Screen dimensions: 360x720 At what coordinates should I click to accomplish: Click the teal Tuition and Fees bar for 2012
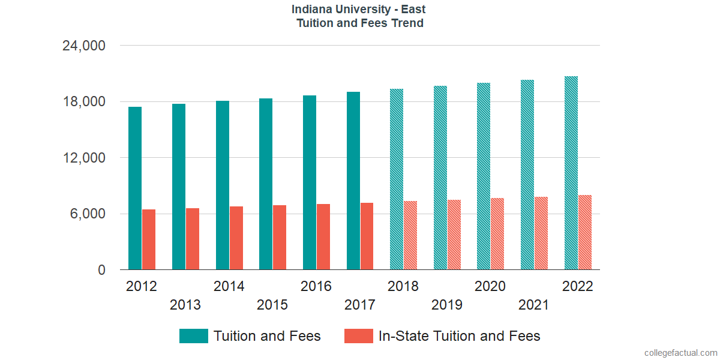point(135,188)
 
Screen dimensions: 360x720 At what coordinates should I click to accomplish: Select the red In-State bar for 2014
point(236,238)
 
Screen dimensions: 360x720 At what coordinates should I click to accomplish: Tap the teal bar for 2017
point(353,181)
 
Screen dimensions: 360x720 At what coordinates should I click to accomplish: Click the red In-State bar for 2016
point(323,237)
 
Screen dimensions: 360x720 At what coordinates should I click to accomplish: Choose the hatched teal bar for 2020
point(484,176)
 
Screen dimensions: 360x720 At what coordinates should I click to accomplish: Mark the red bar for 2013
point(193,239)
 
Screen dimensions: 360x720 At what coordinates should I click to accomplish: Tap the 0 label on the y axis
point(101,270)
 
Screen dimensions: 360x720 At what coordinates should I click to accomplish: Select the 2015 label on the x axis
point(272,305)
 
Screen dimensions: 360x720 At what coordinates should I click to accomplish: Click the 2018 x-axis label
point(403,286)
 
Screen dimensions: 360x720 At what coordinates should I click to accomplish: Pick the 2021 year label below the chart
point(533,305)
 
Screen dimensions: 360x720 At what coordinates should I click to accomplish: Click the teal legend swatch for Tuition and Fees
point(193,336)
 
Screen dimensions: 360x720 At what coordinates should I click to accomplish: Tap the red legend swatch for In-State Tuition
point(359,336)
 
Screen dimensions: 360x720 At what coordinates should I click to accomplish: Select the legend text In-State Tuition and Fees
point(459,336)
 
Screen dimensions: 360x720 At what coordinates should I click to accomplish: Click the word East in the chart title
point(412,10)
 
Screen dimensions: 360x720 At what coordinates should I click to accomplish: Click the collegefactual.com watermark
point(680,353)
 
